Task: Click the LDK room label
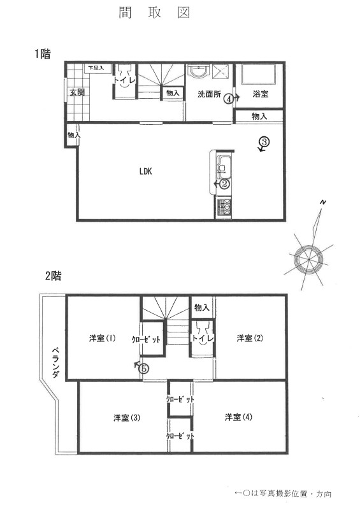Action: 146,171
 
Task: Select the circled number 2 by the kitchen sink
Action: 224,184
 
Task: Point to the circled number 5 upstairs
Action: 144,367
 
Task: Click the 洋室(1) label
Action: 102,338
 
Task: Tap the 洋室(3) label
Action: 127,418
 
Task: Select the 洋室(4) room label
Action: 238,418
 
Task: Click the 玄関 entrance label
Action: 77,92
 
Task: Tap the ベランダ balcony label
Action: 55,364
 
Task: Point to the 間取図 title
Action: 155,13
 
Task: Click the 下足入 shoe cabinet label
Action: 96,68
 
